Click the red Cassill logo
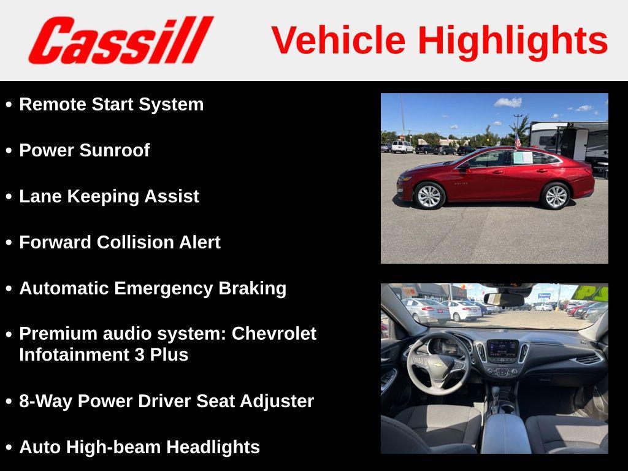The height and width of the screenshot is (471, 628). (120, 40)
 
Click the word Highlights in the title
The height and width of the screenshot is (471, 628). (513, 40)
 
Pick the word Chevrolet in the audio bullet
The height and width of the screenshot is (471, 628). (274, 334)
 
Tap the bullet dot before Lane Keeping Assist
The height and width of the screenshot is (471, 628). (9, 197)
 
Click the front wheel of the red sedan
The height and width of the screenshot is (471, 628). (429, 196)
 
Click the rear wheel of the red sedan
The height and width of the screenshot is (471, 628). (556, 196)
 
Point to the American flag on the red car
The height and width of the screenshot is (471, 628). (517, 141)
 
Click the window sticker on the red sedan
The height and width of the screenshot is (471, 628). (523, 157)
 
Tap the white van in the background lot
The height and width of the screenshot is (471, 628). (402, 147)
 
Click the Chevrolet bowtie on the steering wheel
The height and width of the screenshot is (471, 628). (438, 364)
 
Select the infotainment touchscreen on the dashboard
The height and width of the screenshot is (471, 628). (502, 349)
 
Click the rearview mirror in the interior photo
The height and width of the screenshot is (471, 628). (504, 299)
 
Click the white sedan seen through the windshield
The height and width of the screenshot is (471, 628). (461, 310)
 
